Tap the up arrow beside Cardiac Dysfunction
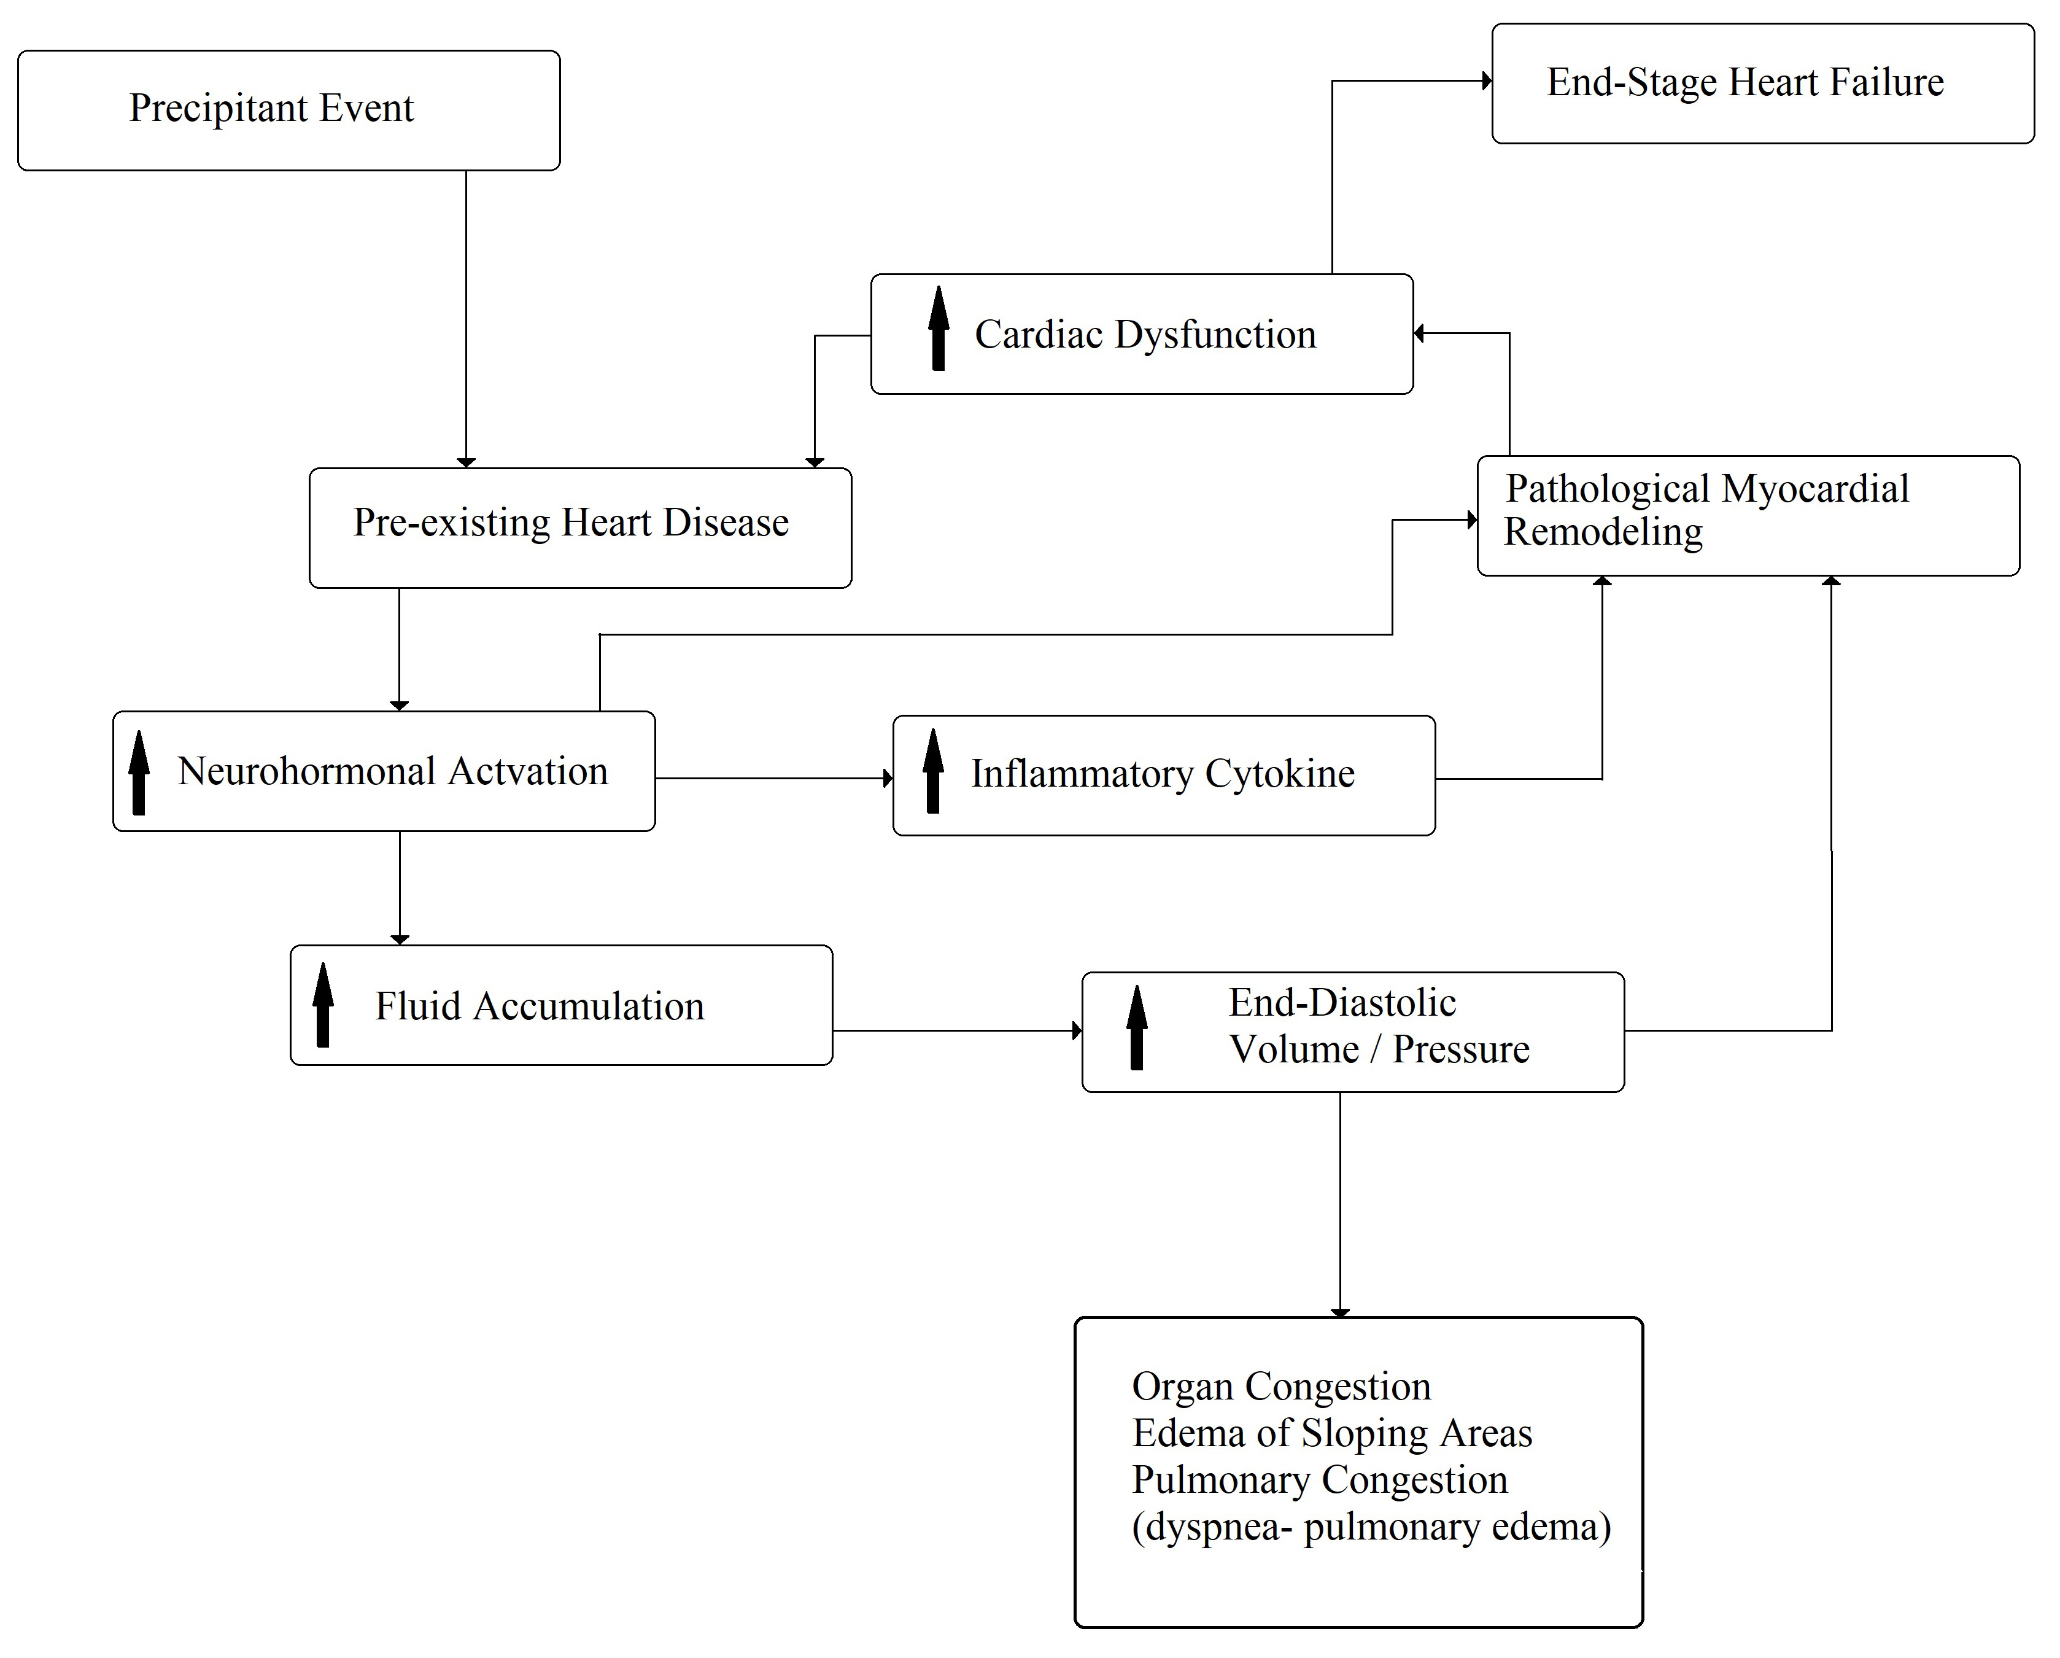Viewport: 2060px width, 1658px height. click(x=939, y=328)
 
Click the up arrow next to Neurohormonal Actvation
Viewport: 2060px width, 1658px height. click(x=139, y=772)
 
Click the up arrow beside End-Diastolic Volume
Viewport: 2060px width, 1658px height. click(x=1137, y=1027)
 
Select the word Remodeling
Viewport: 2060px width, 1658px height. click(x=1603, y=533)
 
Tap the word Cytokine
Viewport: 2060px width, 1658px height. click(x=1280, y=773)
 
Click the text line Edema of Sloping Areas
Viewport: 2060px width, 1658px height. click(x=1332, y=1433)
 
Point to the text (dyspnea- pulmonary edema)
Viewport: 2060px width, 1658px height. click(x=1371, y=1527)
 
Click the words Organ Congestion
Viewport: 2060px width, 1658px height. click(x=1281, y=1387)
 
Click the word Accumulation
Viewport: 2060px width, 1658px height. click(x=589, y=1006)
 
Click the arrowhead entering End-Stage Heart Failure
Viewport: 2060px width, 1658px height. click(x=1487, y=81)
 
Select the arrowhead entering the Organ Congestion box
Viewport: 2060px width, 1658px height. click(x=1341, y=1313)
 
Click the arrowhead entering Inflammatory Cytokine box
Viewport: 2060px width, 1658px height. click(x=889, y=779)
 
